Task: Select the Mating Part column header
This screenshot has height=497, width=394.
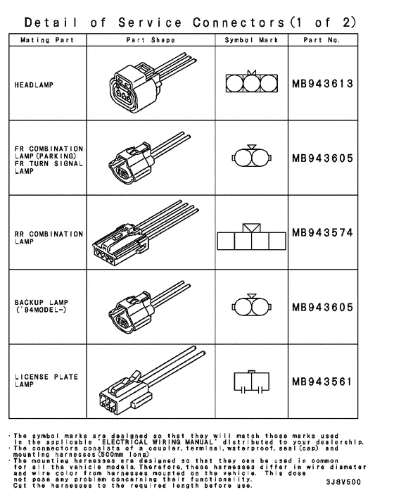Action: [x=44, y=40]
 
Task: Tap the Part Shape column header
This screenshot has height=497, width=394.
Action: [x=149, y=40]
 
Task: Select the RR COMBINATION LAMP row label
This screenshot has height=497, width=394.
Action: [x=48, y=237]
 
